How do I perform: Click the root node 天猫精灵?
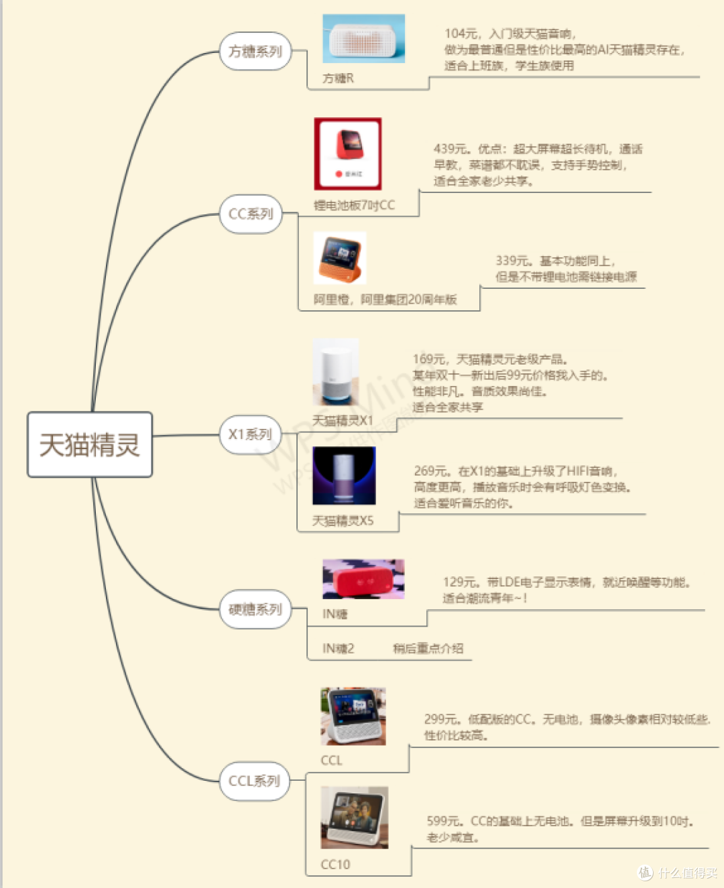click(90, 445)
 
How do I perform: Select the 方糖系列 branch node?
click(255, 51)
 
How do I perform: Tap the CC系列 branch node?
click(251, 214)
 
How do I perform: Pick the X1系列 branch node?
click(250, 434)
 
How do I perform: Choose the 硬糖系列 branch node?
click(255, 609)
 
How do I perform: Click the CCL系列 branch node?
click(255, 781)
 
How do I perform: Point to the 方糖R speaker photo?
click(363, 39)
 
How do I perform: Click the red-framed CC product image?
click(348, 153)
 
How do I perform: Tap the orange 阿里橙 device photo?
click(339, 258)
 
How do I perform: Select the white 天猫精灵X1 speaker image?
click(336, 372)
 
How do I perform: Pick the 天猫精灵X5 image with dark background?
click(344, 475)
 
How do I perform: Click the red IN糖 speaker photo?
click(363, 579)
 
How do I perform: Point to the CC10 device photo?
click(354, 818)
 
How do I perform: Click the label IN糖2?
click(338, 648)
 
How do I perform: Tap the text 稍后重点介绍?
click(428, 648)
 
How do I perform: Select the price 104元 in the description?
click(461, 34)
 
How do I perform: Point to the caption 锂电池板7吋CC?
click(354, 205)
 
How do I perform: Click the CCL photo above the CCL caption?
click(353, 716)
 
